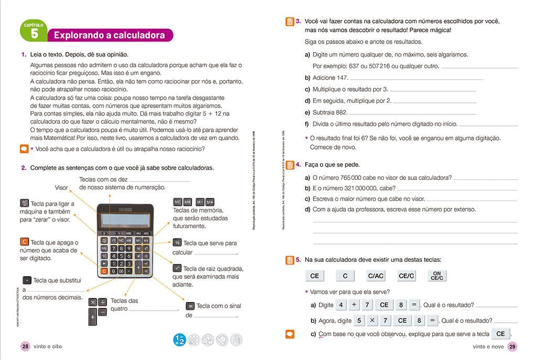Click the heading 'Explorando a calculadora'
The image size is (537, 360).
(x=110, y=36)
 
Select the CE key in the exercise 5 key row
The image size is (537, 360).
(x=314, y=276)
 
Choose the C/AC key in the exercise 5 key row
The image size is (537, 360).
(x=375, y=276)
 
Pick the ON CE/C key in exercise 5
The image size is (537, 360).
(x=437, y=276)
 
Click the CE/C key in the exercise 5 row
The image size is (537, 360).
(x=406, y=276)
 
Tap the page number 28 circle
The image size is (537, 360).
(x=25, y=346)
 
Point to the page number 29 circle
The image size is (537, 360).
(x=512, y=346)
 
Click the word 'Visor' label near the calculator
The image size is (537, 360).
(x=61, y=187)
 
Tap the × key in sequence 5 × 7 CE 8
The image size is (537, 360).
(x=371, y=321)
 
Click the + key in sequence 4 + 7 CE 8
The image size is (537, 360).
(x=354, y=305)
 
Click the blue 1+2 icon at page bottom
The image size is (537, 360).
(x=179, y=340)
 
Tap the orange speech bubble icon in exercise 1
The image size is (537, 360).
(x=24, y=149)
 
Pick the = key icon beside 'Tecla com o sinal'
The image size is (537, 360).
(x=190, y=306)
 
